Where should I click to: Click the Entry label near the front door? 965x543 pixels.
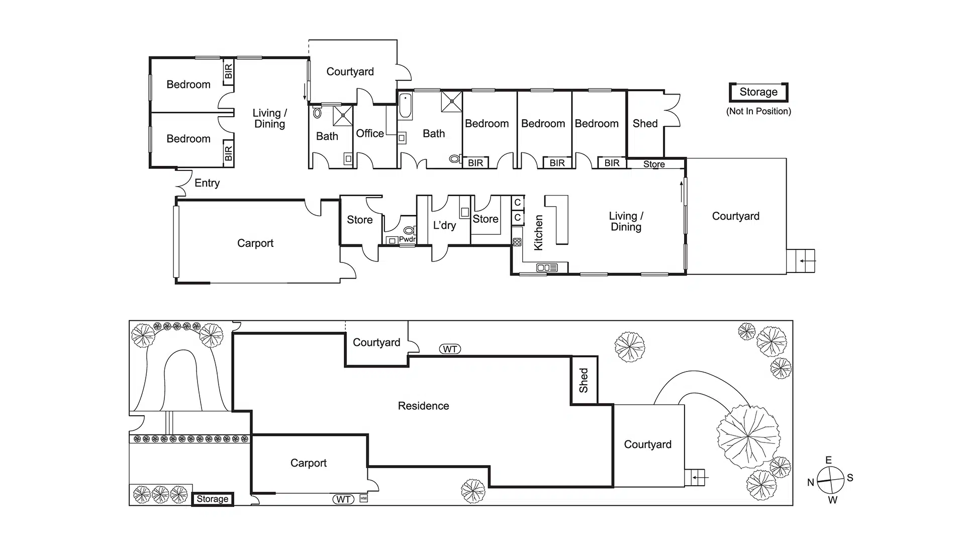[207, 183]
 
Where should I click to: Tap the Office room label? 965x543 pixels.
[370, 133]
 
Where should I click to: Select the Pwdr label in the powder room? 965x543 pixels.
[407, 239]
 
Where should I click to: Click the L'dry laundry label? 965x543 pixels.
[444, 225]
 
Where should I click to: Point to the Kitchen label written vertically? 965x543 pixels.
[538, 232]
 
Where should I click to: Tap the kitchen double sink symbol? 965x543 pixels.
[547, 267]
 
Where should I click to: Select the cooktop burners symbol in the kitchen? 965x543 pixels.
[517, 242]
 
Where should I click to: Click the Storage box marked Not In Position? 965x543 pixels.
[758, 92]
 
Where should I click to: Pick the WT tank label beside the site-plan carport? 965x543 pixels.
[343, 499]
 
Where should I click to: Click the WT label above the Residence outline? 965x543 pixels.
[450, 349]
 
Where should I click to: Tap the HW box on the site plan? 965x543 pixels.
[363, 498]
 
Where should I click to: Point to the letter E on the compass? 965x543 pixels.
[829, 460]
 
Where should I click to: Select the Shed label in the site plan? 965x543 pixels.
[584, 380]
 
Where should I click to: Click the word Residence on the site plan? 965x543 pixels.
[423, 406]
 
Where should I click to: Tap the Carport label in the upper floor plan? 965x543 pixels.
[255, 243]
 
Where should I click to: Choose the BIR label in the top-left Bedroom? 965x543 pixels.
[229, 71]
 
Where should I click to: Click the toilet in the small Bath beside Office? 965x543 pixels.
[317, 113]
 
